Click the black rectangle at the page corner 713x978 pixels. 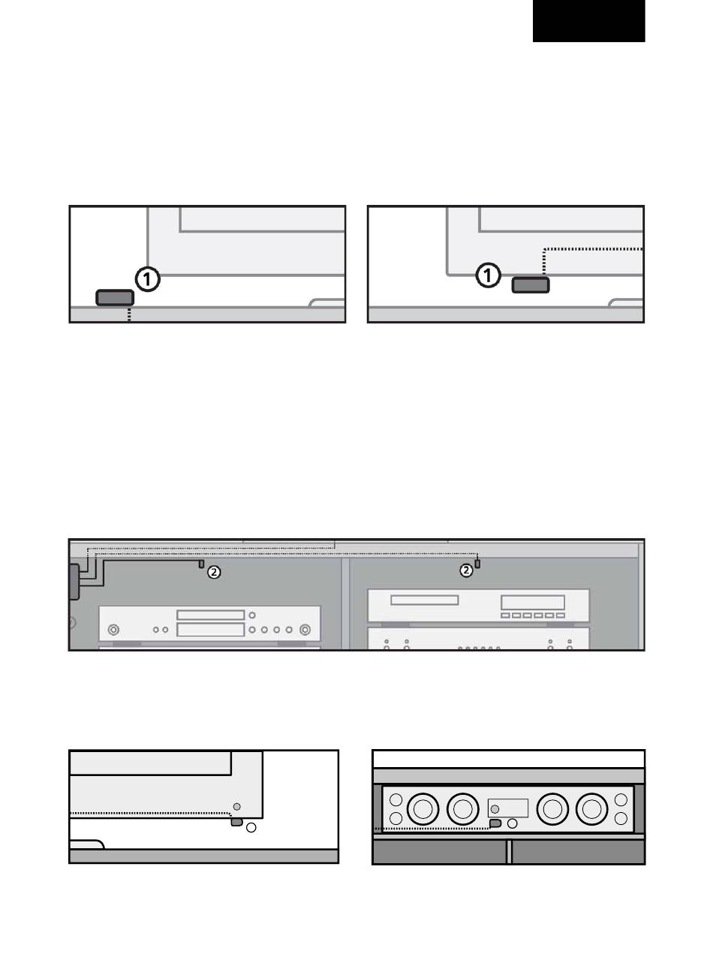pyautogui.click(x=588, y=21)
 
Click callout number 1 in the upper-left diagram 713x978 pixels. pyautogui.click(x=148, y=279)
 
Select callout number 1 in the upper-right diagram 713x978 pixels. pyautogui.click(x=488, y=275)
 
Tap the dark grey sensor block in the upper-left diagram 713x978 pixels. pyautogui.click(x=115, y=298)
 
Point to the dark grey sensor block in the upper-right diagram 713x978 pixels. pyautogui.click(x=531, y=285)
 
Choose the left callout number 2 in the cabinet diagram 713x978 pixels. pyautogui.click(x=213, y=572)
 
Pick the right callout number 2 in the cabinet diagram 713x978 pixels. pyautogui.click(x=466, y=570)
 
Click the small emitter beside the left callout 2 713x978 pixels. pyautogui.click(x=201, y=564)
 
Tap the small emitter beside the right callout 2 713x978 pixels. pyautogui.click(x=477, y=564)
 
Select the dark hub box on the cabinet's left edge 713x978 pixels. pyautogui.click(x=74, y=582)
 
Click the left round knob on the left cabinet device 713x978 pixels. pyautogui.click(x=113, y=630)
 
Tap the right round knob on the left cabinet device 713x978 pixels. pyautogui.click(x=305, y=630)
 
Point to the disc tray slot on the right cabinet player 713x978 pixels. pyautogui.click(x=424, y=600)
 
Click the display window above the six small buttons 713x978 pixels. pyautogui.click(x=533, y=602)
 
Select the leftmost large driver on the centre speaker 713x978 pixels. pyautogui.click(x=423, y=809)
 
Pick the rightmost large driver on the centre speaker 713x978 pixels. pyautogui.click(x=592, y=809)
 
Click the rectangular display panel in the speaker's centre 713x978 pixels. pyautogui.click(x=508, y=808)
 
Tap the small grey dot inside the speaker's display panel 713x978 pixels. pyautogui.click(x=495, y=809)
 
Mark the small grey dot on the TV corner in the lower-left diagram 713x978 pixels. pyautogui.click(x=236, y=806)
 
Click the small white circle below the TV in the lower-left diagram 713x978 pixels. pyautogui.click(x=251, y=827)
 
